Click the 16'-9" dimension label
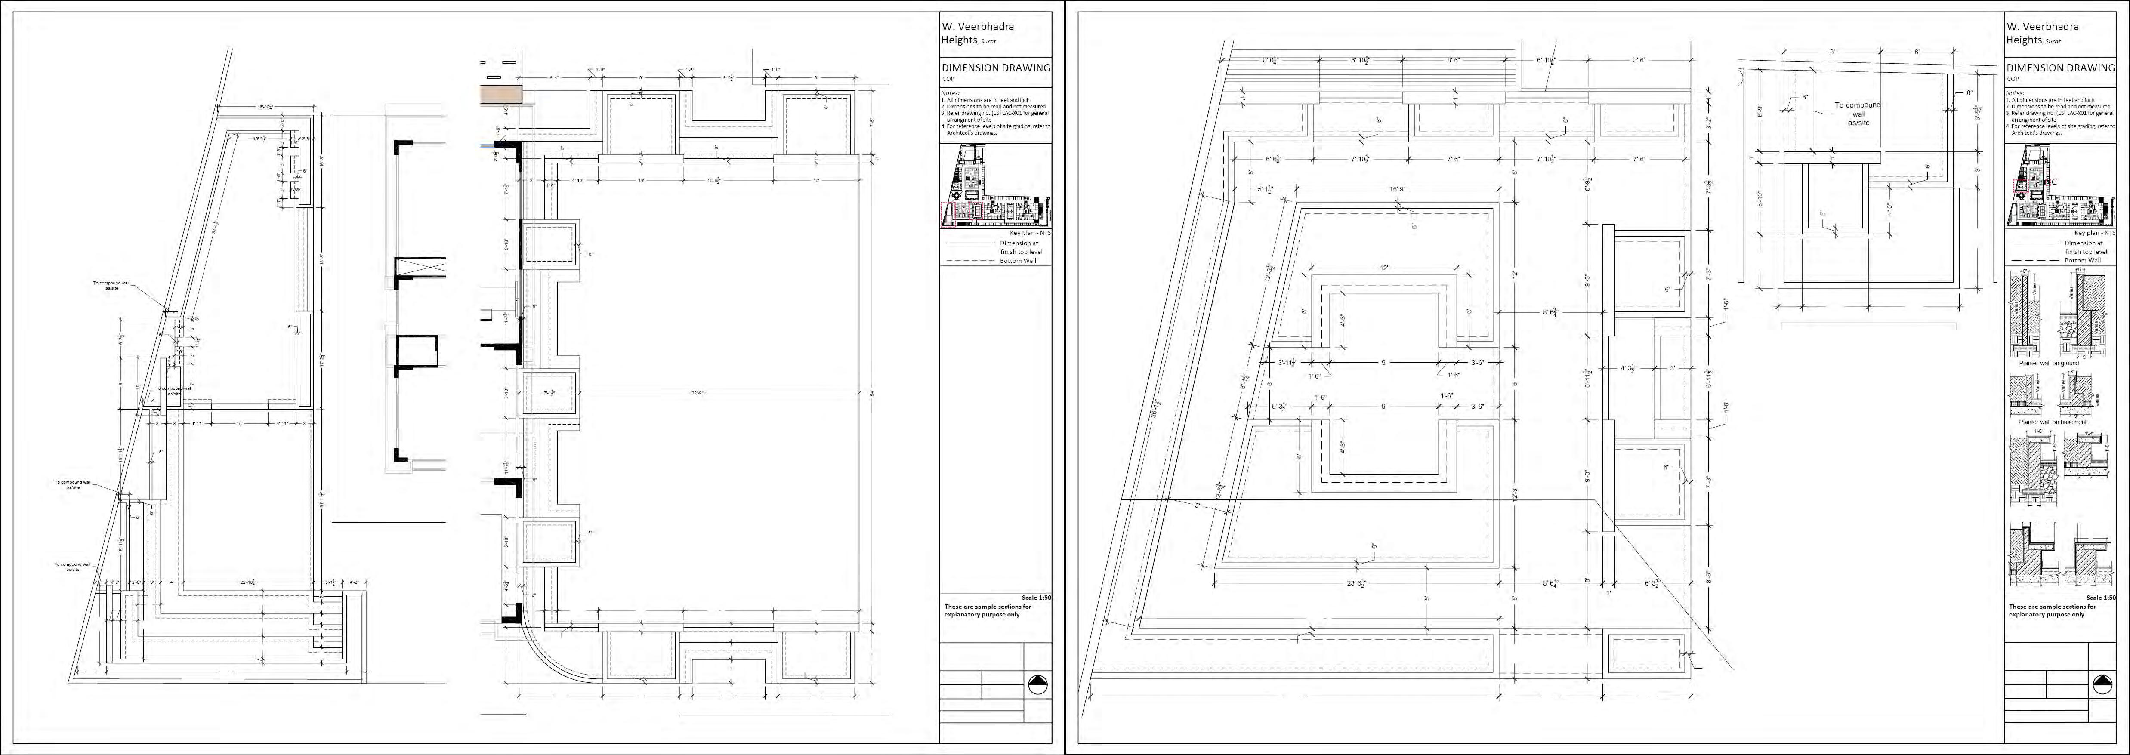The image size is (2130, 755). click(x=1397, y=189)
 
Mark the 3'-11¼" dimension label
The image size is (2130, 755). click(x=1287, y=362)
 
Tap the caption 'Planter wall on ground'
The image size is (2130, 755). click(x=2048, y=363)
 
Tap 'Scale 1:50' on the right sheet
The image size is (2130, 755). click(x=2100, y=597)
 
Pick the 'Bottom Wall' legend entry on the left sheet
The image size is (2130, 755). click(x=1018, y=261)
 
